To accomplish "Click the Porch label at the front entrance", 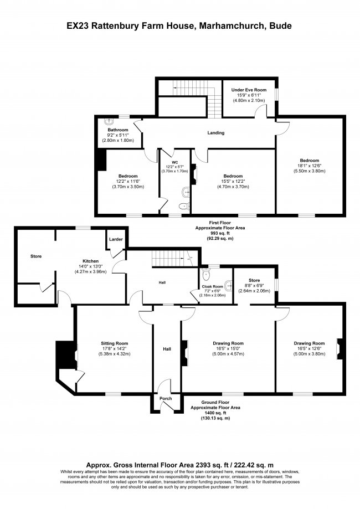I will [166, 399].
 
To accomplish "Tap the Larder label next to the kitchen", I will [116, 239].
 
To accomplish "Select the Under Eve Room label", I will [249, 90].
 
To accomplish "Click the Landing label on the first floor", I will [215, 133].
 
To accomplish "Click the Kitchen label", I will [91, 260].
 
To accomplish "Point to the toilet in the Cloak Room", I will [206, 274].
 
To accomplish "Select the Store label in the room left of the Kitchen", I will [36, 256].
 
